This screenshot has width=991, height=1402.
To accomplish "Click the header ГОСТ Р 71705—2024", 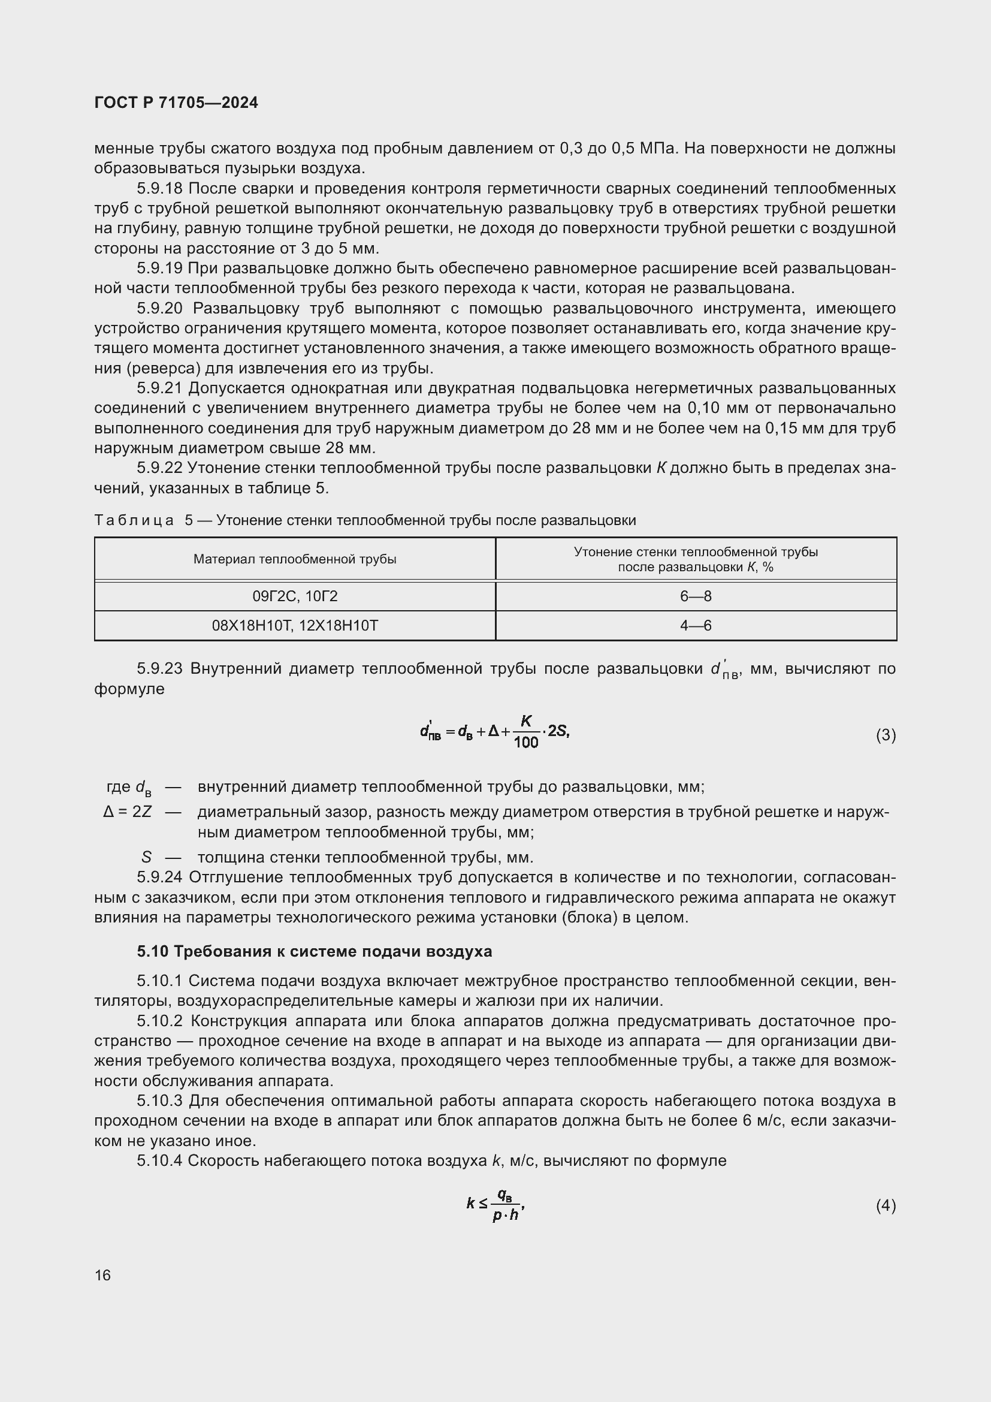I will pos(176,102).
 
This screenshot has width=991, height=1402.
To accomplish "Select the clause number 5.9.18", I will pos(159,188).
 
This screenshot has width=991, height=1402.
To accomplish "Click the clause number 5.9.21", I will pos(159,388).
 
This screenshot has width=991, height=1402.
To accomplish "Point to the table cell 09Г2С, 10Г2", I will pos(295,596).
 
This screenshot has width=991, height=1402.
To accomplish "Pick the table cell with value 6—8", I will pos(696,596).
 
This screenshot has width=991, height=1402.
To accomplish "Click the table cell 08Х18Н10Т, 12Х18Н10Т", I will pos(295,625).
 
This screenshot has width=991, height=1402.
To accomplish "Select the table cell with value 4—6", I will pos(696,625).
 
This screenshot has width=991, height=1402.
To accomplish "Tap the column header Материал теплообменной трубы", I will pos(295,559).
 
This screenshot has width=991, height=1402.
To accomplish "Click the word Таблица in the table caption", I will pos(134,520).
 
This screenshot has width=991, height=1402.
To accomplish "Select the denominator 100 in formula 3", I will pos(526,743).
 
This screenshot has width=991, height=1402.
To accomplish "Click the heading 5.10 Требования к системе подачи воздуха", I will pos(315,951).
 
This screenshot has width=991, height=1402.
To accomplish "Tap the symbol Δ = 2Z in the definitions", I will pos(128,812).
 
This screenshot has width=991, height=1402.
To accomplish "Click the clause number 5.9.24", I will pos(159,878).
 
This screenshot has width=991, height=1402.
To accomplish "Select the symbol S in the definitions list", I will pos(146,857).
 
